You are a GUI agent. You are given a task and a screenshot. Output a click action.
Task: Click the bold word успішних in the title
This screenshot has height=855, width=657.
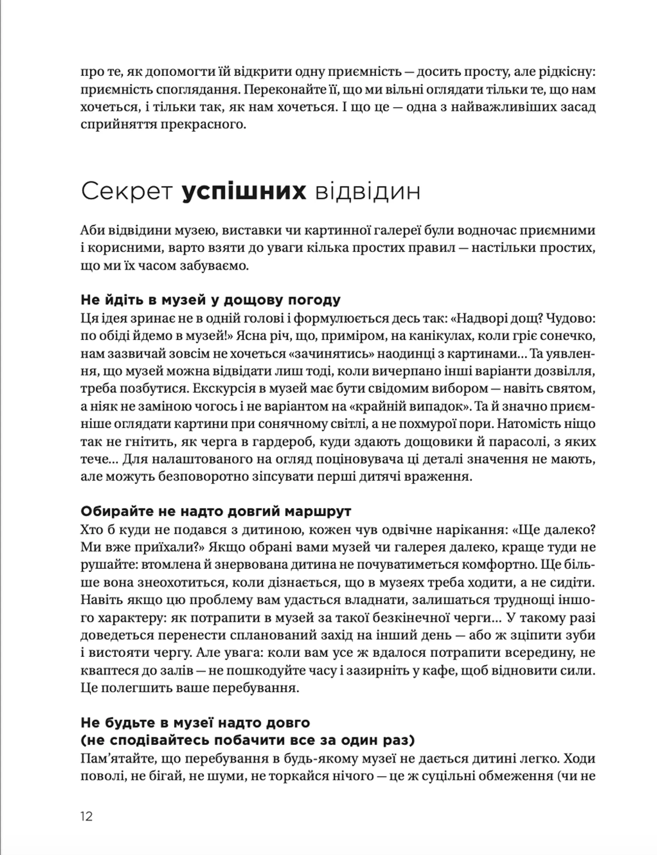(x=244, y=192)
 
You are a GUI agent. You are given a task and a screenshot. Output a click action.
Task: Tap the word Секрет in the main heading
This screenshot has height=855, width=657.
(x=127, y=192)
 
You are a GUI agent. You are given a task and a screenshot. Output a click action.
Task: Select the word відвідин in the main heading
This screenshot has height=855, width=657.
(x=367, y=192)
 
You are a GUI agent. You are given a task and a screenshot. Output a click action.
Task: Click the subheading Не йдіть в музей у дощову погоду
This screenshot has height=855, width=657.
(x=210, y=300)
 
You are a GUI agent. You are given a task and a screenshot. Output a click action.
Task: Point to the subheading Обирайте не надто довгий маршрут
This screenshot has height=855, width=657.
(x=216, y=511)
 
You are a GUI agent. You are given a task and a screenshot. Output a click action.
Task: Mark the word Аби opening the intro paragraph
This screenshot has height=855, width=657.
(x=92, y=230)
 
